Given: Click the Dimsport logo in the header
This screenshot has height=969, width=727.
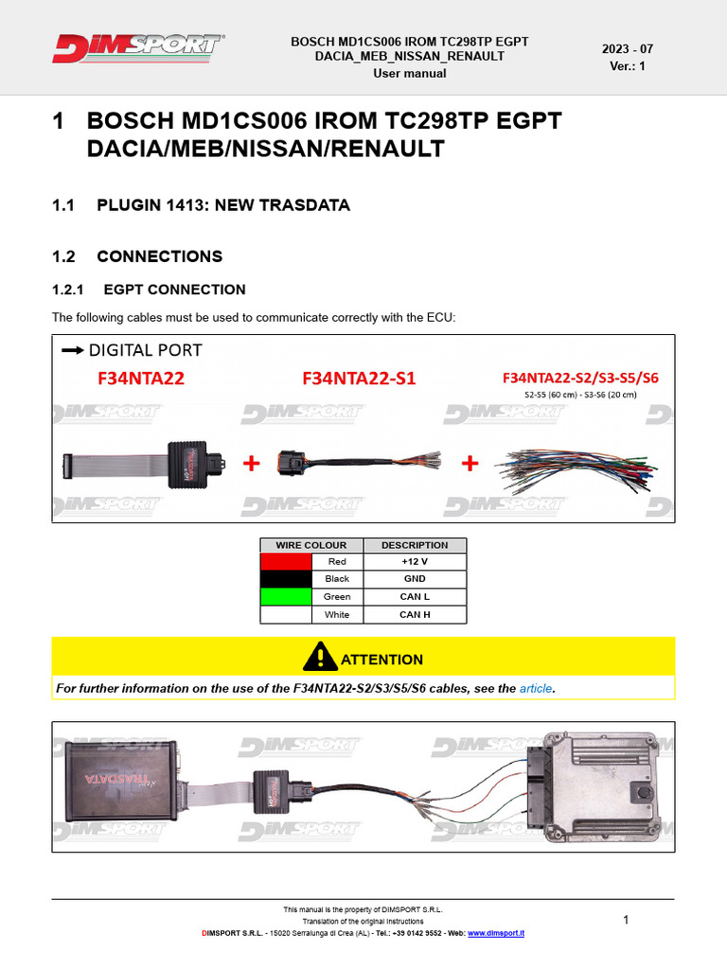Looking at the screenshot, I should point(138,48).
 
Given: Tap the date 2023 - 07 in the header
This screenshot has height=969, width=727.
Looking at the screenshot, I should point(627,49).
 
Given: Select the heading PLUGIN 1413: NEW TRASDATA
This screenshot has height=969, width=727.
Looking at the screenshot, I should point(223,205).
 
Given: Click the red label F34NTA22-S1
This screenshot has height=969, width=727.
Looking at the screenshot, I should point(359,379).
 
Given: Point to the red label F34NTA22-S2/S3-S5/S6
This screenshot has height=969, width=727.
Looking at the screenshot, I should point(580,378).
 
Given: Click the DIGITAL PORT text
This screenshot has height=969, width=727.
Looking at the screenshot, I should point(145,350).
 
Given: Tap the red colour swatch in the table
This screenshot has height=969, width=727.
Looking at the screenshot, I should point(286,561).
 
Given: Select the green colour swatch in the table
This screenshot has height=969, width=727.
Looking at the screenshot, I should point(286,597).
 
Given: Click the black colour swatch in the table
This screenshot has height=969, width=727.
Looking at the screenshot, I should point(286,579).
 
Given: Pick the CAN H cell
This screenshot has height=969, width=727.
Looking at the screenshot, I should point(415,615).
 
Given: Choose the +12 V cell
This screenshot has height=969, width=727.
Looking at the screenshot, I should point(415,561).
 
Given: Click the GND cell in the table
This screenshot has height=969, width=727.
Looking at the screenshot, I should point(415,579).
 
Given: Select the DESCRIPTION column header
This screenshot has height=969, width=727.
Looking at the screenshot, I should point(415,545).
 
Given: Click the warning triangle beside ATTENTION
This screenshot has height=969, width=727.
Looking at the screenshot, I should point(320,657).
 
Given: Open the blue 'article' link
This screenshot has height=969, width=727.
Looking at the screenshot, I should point(535,688).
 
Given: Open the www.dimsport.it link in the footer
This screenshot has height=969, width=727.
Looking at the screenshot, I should point(496,933).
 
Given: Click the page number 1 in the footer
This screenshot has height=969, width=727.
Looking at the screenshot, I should point(626,920).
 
